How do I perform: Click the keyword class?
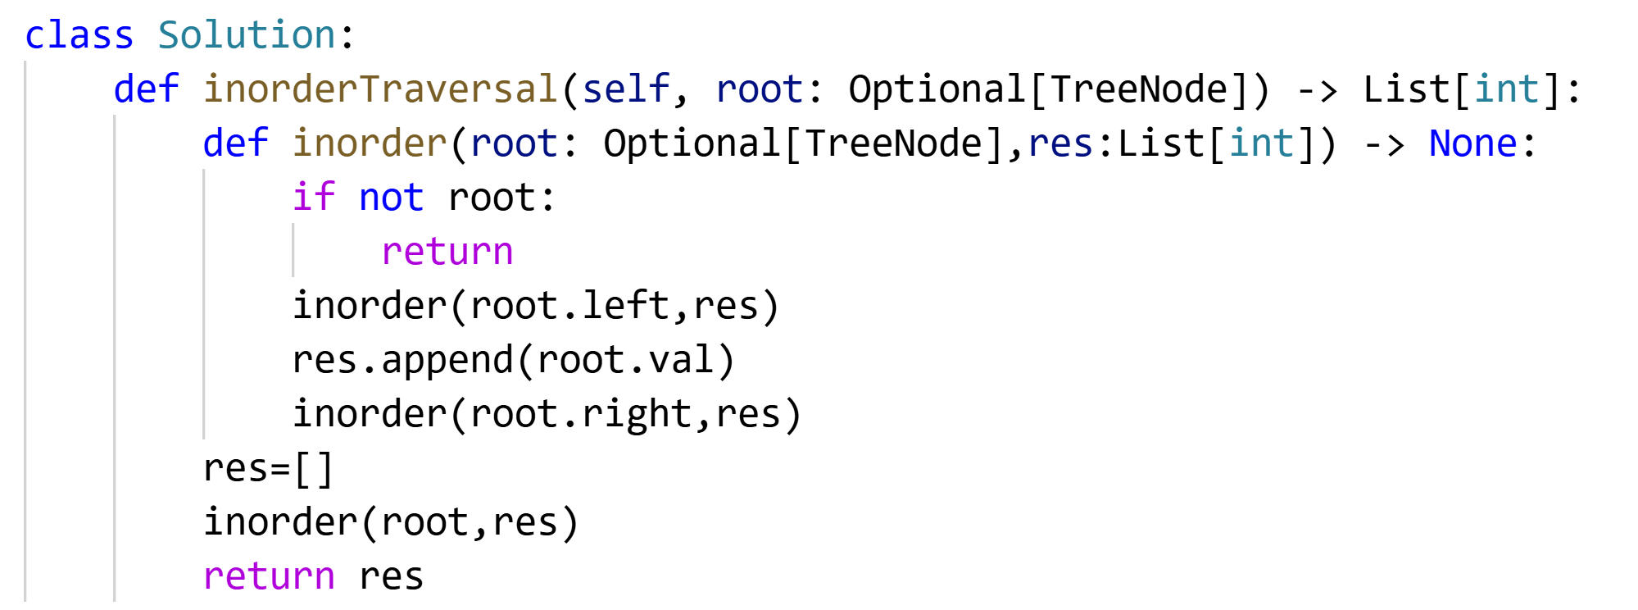[x=79, y=35]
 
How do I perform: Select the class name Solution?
[x=247, y=35]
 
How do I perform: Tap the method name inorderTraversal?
[x=380, y=89]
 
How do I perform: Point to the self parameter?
[x=626, y=89]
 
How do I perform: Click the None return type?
[x=1472, y=143]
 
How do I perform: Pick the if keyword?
[x=314, y=198]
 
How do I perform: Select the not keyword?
[x=391, y=198]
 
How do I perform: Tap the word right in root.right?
[x=637, y=414]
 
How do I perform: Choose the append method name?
[x=447, y=360]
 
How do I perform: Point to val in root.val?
[x=681, y=360]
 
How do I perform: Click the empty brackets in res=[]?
[x=314, y=469]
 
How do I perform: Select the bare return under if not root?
[x=447, y=252]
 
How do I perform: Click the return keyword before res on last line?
[x=269, y=576]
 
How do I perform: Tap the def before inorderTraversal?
[x=146, y=89]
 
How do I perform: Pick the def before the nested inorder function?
[x=235, y=143]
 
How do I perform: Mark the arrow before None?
[x=1383, y=144]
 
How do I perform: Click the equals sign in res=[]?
[x=280, y=469]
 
